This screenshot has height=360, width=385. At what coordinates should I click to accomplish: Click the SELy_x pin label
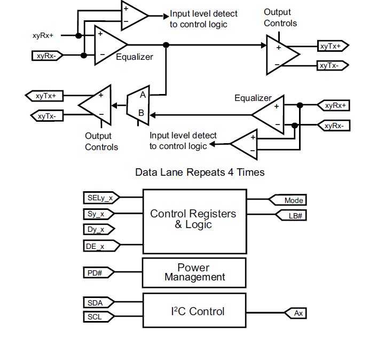coord(100,198)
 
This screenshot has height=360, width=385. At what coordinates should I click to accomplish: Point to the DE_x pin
coord(98,246)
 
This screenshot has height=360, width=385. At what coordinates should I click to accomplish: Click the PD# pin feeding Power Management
coord(96,273)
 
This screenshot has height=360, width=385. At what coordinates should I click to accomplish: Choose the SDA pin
coord(96,303)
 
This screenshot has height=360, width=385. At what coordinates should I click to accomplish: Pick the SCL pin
coord(96,317)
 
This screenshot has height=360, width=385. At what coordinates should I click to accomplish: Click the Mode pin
coord(293,200)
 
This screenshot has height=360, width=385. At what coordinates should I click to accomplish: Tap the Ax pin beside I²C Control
coord(297,313)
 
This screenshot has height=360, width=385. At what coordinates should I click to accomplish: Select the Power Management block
coord(194,272)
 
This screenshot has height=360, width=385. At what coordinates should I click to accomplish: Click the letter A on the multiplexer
coord(143,96)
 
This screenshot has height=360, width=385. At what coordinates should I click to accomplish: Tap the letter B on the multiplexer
coord(142,113)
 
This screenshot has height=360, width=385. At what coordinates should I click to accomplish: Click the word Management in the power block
coord(195,278)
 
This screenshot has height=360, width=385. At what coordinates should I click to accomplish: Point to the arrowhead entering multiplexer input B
coord(152,114)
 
